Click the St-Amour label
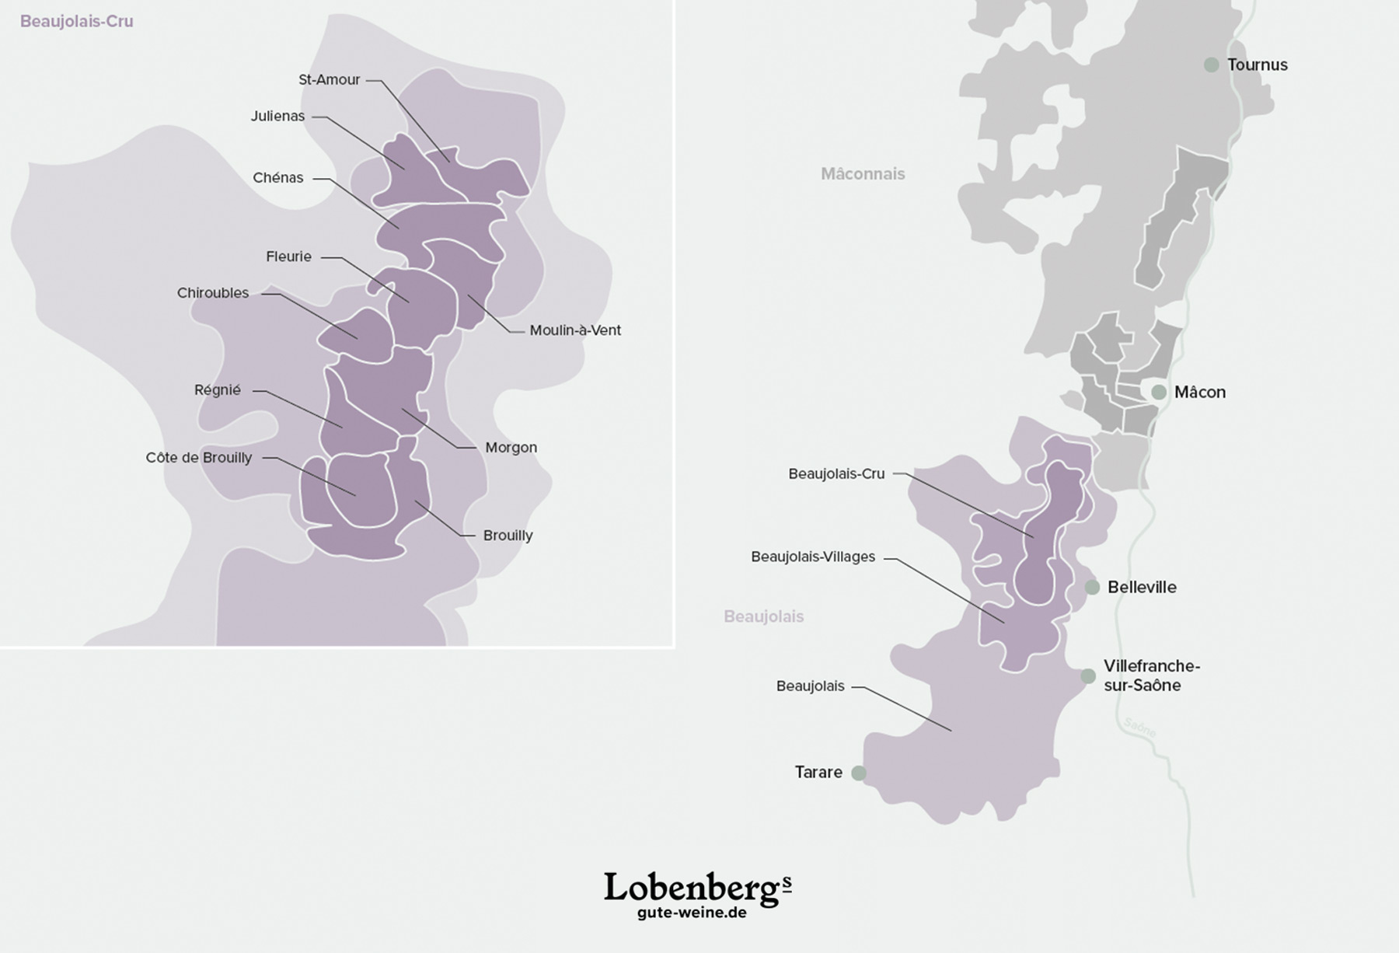tap(330, 80)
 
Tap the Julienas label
tap(277, 117)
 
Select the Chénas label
tap(277, 178)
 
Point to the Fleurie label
tap(288, 257)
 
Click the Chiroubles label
tap(213, 293)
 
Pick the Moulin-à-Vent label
tap(575, 330)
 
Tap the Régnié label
tap(218, 390)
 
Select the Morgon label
tap(511, 448)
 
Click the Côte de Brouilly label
tap(199, 458)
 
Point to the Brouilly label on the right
tap(508, 536)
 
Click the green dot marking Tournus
tap(1211, 65)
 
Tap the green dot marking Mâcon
tap(1159, 393)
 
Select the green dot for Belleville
tap(1092, 588)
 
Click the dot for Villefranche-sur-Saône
tap(1088, 676)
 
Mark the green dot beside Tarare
tap(859, 773)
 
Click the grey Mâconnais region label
tap(863, 174)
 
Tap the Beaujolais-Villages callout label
tap(813, 557)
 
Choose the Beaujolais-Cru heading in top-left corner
tap(76, 22)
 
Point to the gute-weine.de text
tap(692, 913)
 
